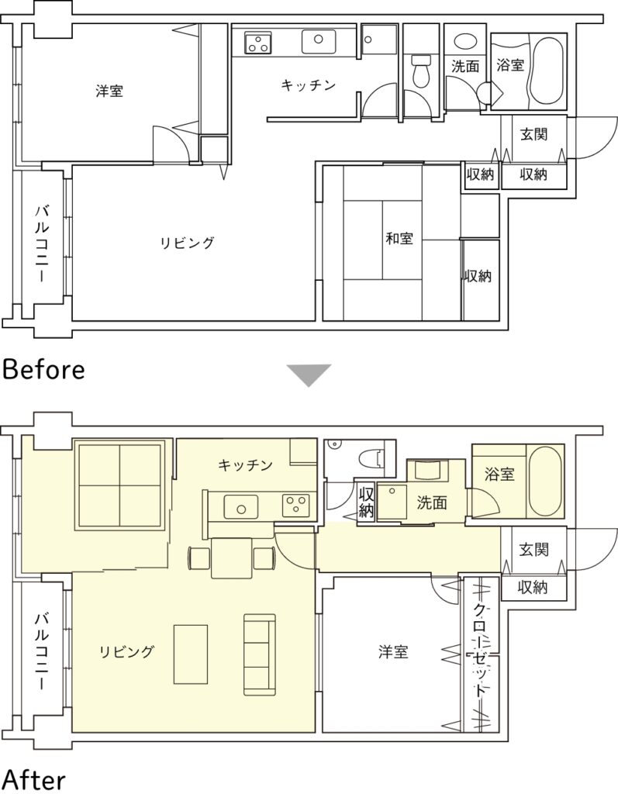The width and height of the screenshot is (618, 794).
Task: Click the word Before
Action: click(43, 370)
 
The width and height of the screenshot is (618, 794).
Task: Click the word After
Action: click(33, 780)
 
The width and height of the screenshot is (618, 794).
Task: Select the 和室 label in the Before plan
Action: click(399, 238)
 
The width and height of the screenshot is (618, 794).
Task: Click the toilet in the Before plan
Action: click(420, 71)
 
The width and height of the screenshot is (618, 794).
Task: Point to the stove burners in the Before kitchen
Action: click(258, 43)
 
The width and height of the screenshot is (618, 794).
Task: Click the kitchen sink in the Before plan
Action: click(319, 41)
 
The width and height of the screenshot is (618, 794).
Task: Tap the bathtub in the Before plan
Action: click(546, 69)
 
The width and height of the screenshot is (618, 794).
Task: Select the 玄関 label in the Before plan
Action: click(533, 134)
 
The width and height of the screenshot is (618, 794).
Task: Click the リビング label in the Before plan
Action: click(188, 243)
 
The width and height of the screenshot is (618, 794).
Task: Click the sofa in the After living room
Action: click(260, 654)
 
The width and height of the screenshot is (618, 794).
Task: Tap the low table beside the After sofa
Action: click(191, 654)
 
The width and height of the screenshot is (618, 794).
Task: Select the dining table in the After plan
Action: click(232, 558)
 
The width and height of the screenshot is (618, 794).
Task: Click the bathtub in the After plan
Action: click(544, 481)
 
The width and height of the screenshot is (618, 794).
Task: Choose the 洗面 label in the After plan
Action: click(432, 502)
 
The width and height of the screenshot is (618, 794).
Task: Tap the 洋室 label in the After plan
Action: click(393, 651)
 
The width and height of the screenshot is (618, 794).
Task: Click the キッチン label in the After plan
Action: click(245, 465)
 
